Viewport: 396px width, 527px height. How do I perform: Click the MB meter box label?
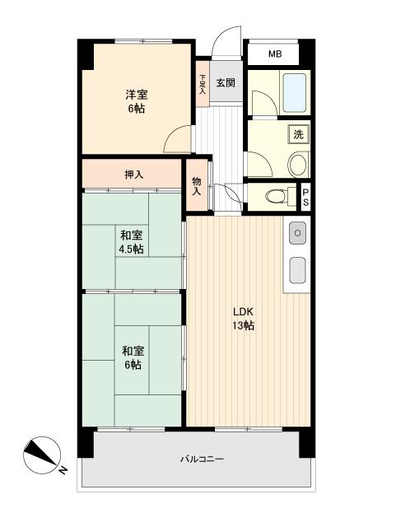click(x=275, y=54)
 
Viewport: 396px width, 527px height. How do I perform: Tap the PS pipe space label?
click(x=305, y=198)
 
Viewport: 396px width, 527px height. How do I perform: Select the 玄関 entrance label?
click(x=226, y=82)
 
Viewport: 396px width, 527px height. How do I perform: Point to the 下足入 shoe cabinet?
click(x=203, y=84)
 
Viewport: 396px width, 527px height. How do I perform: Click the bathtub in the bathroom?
click(x=295, y=93)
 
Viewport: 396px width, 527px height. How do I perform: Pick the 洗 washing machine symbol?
click(x=299, y=134)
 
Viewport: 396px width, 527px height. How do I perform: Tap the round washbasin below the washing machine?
click(x=297, y=165)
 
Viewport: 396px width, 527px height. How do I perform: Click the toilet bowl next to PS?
click(x=277, y=196)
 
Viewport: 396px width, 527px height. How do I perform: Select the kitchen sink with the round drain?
click(x=297, y=233)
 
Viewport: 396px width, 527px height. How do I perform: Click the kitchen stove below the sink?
click(x=297, y=270)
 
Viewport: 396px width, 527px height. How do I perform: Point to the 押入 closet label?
click(x=134, y=175)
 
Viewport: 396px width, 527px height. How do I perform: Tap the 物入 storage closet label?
click(x=196, y=187)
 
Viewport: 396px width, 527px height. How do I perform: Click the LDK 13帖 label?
click(x=244, y=319)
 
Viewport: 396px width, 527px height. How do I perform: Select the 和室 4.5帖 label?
click(x=132, y=242)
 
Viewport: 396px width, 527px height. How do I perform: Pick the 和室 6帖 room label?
click(x=133, y=357)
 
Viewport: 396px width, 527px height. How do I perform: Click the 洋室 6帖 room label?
click(x=136, y=100)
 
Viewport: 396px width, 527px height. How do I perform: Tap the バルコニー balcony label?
click(x=202, y=459)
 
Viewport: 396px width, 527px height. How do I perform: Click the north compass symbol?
click(x=43, y=455)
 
